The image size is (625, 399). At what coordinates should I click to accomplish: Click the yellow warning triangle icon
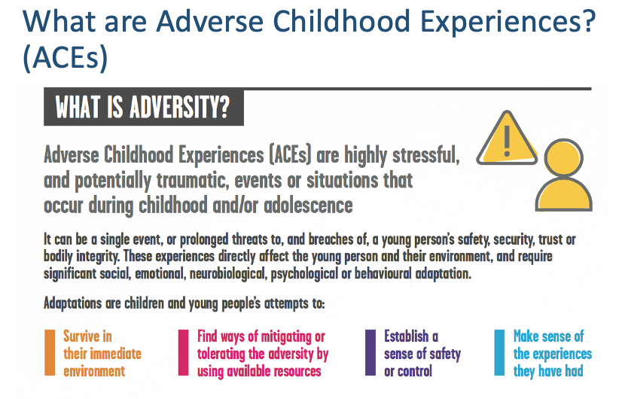click(x=507, y=139)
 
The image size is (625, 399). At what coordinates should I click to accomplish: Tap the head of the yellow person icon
click(x=563, y=157)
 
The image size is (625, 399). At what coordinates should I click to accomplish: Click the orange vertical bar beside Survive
click(x=50, y=352)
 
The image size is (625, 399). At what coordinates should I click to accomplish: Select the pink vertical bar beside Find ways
click(x=183, y=352)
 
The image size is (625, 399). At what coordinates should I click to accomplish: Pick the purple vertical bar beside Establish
click(x=370, y=352)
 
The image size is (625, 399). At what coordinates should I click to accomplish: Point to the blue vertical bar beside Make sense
click(x=499, y=352)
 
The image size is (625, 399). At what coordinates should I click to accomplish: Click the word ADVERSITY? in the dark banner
click(x=180, y=108)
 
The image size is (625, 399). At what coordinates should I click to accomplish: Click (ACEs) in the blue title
click(x=66, y=57)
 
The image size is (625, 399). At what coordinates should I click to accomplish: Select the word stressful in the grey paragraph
click(x=425, y=154)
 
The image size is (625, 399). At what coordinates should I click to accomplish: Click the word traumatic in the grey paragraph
click(x=193, y=180)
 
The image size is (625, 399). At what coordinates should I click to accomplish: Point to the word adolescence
click(x=308, y=206)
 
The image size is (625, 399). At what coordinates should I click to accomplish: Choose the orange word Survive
click(x=87, y=337)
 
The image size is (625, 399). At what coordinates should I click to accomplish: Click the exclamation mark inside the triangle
click(x=507, y=140)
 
